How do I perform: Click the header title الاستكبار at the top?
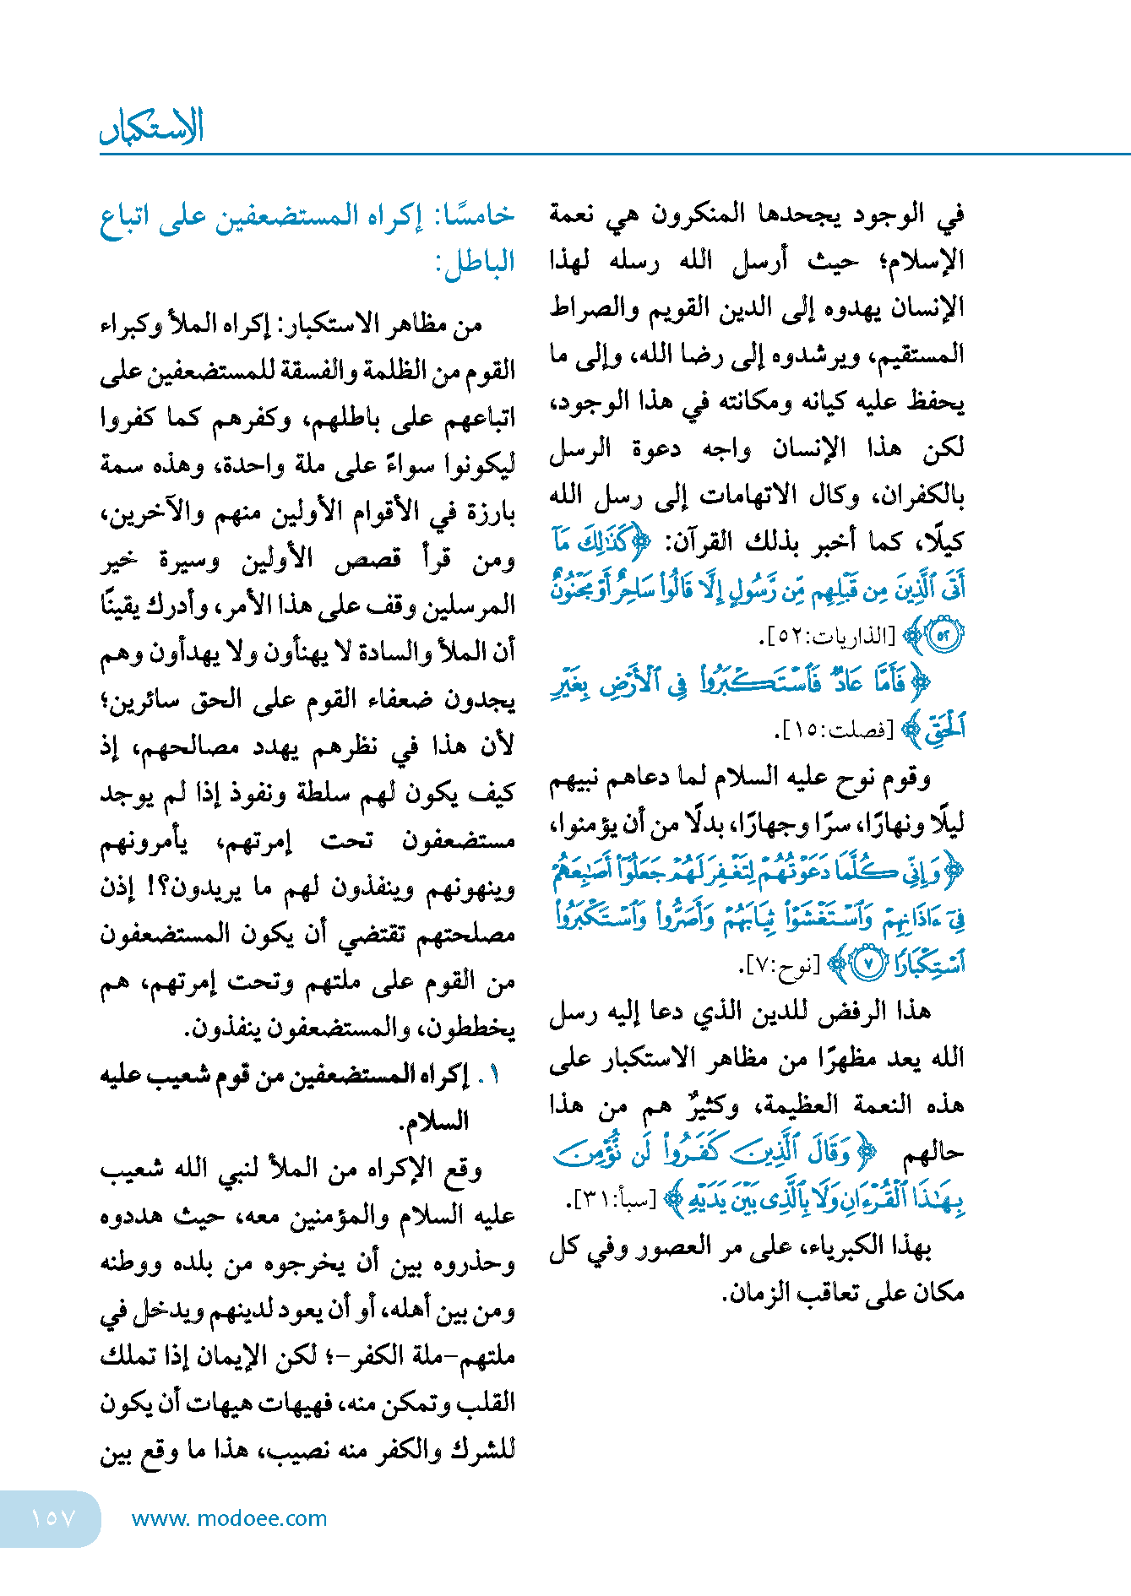click(x=152, y=127)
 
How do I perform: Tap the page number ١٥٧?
click(x=53, y=1518)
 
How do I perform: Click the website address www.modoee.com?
click(x=229, y=1518)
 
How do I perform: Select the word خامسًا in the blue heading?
click(x=478, y=216)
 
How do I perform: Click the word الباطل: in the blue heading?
click(x=475, y=263)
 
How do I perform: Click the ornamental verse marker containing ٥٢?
click(x=943, y=636)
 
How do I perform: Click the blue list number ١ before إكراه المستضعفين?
click(x=493, y=1075)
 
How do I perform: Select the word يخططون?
click(x=471, y=1029)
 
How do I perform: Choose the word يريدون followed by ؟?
click(x=198, y=888)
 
